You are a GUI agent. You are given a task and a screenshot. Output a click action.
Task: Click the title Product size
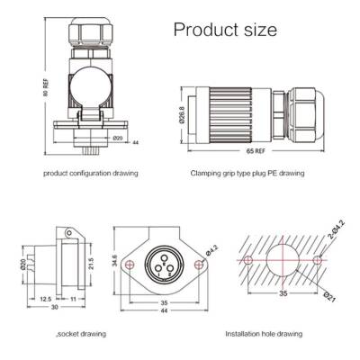(224, 30)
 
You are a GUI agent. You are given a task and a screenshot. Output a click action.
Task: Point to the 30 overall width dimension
(53, 309)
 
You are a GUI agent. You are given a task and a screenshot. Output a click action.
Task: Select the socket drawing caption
(82, 332)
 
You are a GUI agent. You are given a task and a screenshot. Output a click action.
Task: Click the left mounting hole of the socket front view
(132, 265)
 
